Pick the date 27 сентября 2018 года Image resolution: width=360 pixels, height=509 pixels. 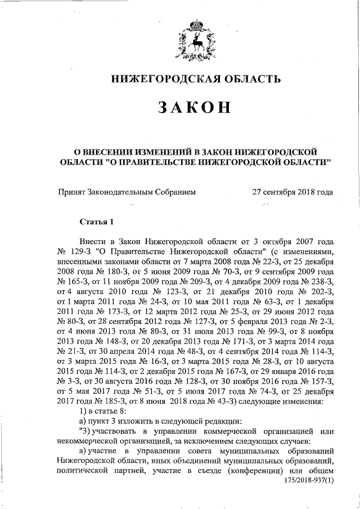pyautogui.click(x=293, y=192)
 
